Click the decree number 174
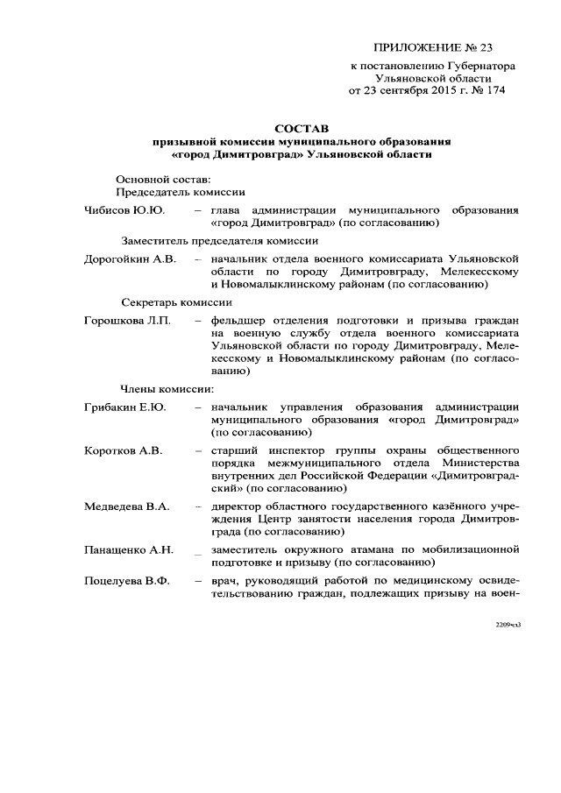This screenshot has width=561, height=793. pos(495,89)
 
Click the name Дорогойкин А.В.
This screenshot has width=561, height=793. pos(130,259)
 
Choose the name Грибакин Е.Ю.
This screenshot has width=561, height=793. pos(124,407)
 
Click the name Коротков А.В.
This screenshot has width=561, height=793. pos(123,450)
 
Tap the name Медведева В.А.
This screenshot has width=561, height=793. pos(126,506)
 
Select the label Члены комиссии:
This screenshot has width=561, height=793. pos(167,388)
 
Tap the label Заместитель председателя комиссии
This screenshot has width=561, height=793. pos(218,240)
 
